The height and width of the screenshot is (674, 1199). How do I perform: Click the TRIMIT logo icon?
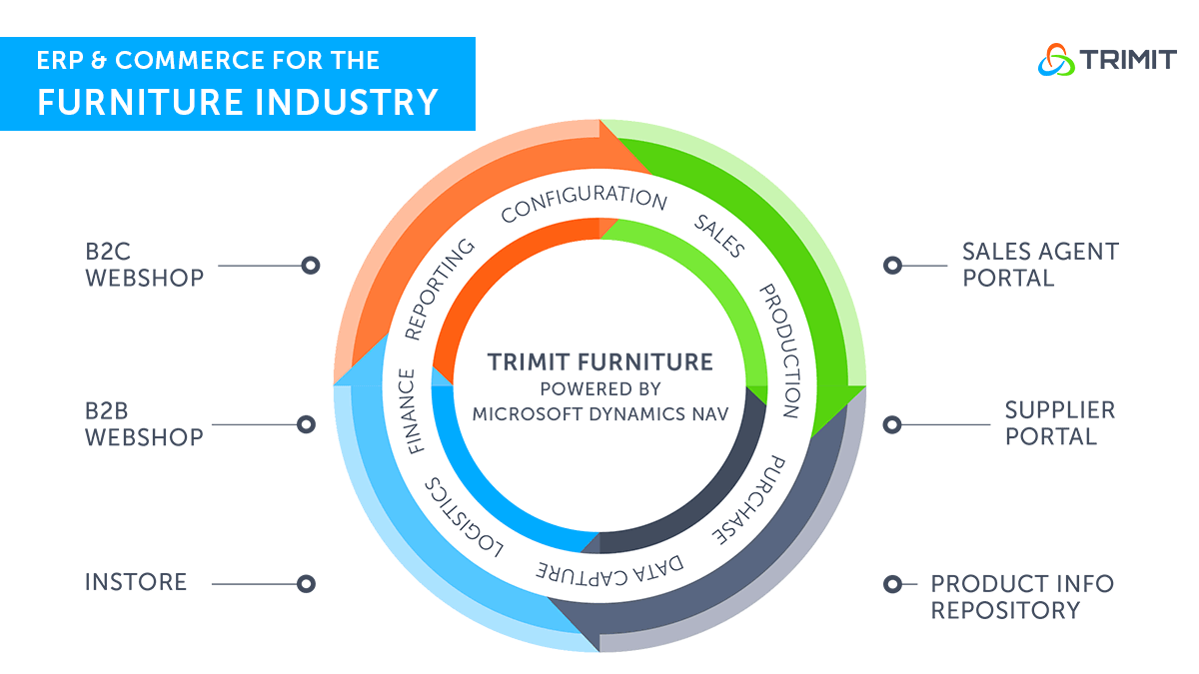[1056, 59]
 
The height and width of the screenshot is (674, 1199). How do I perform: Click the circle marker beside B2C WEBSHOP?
[311, 266]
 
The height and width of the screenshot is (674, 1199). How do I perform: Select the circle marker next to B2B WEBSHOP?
[306, 424]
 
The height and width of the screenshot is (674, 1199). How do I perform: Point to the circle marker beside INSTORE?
[306, 583]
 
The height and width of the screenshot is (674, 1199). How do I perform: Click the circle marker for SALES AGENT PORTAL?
[892, 266]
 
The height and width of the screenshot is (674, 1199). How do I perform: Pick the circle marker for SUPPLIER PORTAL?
[892, 424]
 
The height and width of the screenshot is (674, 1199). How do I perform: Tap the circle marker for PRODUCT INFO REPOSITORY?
[892, 584]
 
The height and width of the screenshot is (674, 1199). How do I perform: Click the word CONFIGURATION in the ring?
[584, 201]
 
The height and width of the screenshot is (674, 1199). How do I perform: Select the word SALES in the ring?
[719, 236]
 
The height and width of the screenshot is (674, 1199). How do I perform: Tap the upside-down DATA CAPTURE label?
[609, 573]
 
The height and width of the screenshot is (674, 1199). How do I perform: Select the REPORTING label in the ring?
[439, 290]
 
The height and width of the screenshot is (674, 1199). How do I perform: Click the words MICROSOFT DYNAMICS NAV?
[600, 414]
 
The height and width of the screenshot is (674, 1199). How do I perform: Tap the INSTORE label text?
[136, 582]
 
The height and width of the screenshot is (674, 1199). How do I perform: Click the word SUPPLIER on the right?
[1060, 410]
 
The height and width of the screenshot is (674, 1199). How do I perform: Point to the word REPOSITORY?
[1005, 610]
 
